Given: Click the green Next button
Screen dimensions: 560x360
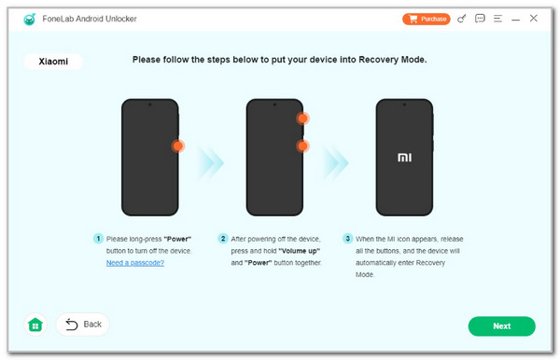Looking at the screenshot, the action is [x=501, y=325].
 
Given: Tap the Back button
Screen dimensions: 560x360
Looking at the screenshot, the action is [x=83, y=325].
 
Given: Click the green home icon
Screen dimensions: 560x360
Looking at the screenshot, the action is [x=35, y=325].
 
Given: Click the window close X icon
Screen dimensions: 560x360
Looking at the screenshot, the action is [x=533, y=19].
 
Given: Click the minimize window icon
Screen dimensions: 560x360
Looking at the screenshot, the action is [x=515, y=20].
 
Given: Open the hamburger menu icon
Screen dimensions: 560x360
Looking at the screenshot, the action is [x=497, y=19].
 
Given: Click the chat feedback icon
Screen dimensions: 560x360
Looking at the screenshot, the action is [x=480, y=19].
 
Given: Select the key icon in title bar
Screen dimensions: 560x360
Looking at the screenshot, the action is [x=462, y=19].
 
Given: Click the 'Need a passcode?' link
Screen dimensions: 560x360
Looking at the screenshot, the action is [x=135, y=263].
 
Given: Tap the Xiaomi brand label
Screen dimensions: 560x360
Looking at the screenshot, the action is [x=53, y=62].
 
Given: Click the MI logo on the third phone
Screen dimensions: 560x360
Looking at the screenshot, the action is [x=404, y=158].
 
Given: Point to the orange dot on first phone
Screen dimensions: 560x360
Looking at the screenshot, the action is [x=178, y=145].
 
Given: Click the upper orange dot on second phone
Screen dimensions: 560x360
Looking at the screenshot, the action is [x=302, y=118].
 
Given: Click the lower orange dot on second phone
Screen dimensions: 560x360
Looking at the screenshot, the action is [x=302, y=145].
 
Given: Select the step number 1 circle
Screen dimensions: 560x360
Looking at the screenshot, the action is [x=98, y=239].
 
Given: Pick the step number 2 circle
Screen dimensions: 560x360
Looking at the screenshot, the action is [x=223, y=239].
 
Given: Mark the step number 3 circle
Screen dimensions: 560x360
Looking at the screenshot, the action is [x=347, y=239].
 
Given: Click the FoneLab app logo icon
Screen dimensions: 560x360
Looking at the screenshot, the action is [x=30, y=19].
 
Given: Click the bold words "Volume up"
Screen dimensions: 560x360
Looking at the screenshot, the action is [x=299, y=251].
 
